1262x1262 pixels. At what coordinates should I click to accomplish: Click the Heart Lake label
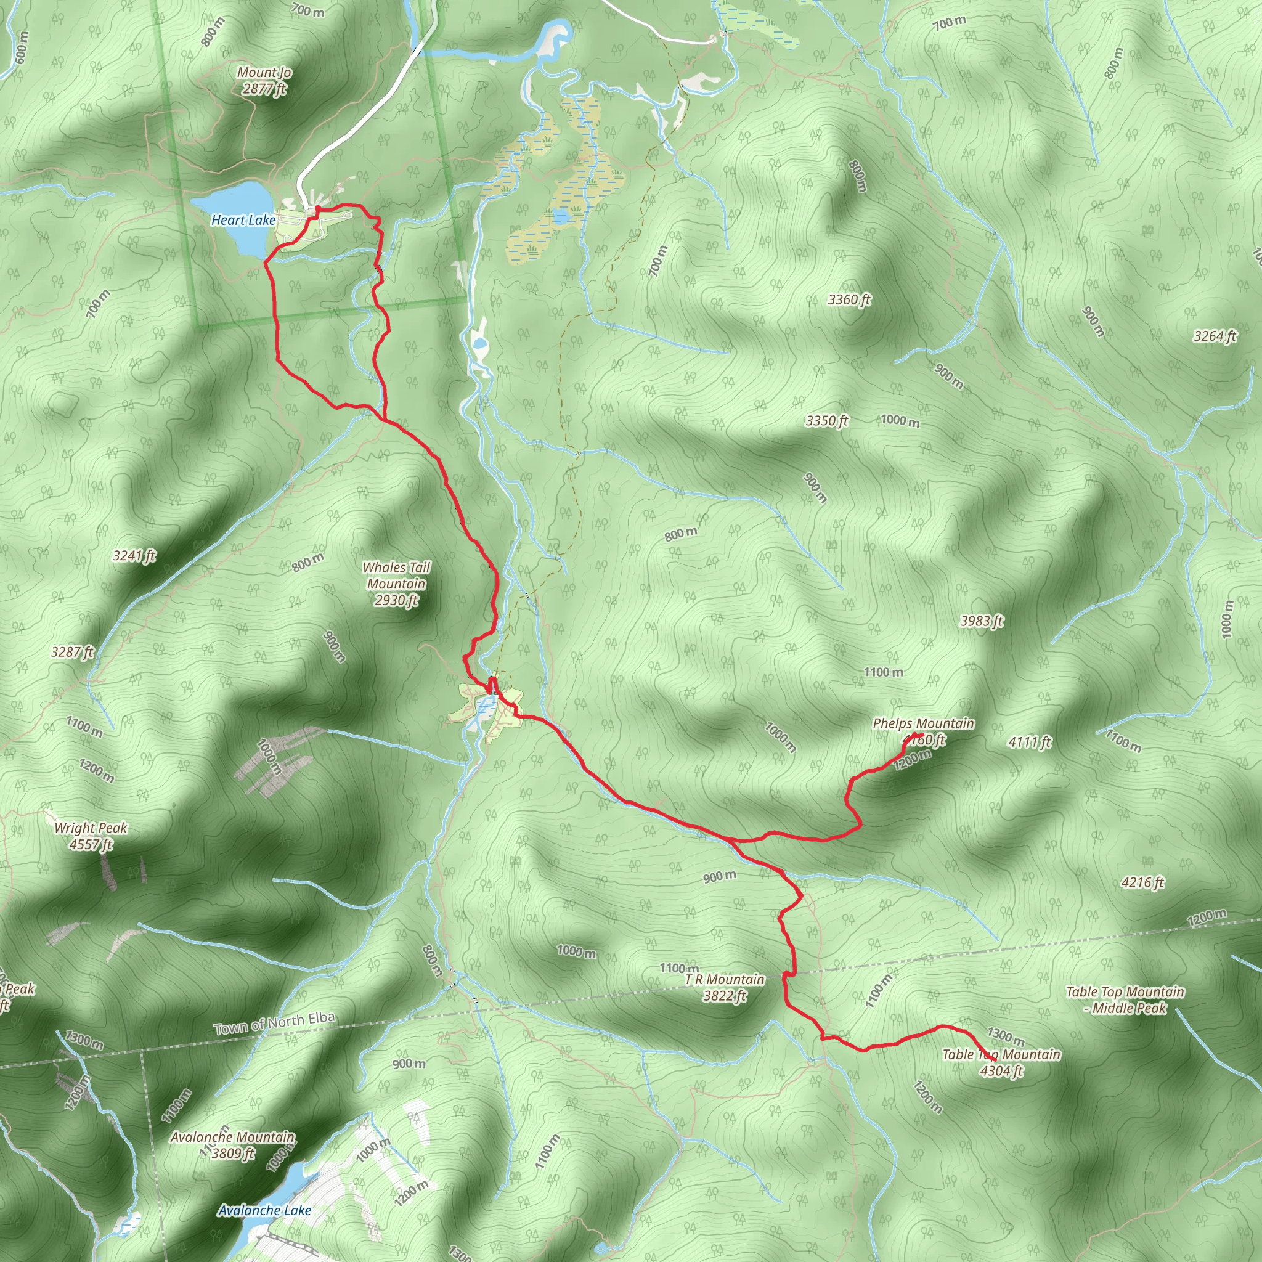pyautogui.click(x=243, y=220)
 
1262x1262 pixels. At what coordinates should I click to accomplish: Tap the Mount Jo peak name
pyautogui.click(x=264, y=73)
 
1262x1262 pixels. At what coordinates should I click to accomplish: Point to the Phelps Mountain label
pyautogui.click(x=923, y=724)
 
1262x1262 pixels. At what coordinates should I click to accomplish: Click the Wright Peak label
pyautogui.click(x=91, y=828)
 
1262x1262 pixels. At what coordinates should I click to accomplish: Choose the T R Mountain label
pyautogui.click(x=725, y=980)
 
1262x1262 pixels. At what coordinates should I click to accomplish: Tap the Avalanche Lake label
pyautogui.click(x=264, y=1210)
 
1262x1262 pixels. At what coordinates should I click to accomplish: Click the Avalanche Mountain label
pyautogui.click(x=232, y=1138)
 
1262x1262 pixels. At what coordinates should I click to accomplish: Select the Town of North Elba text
pyautogui.click(x=274, y=1023)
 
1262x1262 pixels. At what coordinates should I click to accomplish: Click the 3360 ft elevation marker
pyautogui.click(x=849, y=300)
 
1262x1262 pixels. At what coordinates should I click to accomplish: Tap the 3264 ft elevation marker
pyautogui.click(x=1215, y=336)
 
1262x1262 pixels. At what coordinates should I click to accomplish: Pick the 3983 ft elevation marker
pyautogui.click(x=981, y=621)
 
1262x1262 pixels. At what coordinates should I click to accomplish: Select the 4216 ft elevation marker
pyautogui.click(x=1142, y=883)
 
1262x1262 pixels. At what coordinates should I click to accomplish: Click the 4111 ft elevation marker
pyautogui.click(x=1030, y=742)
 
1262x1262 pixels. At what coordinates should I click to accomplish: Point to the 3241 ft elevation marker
pyautogui.click(x=134, y=556)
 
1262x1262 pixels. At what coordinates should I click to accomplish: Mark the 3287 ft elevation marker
pyautogui.click(x=73, y=652)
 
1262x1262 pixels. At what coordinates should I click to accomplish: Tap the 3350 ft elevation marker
pyautogui.click(x=826, y=421)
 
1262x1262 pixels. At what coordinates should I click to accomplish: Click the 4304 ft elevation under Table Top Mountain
pyautogui.click(x=1001, y=1070)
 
